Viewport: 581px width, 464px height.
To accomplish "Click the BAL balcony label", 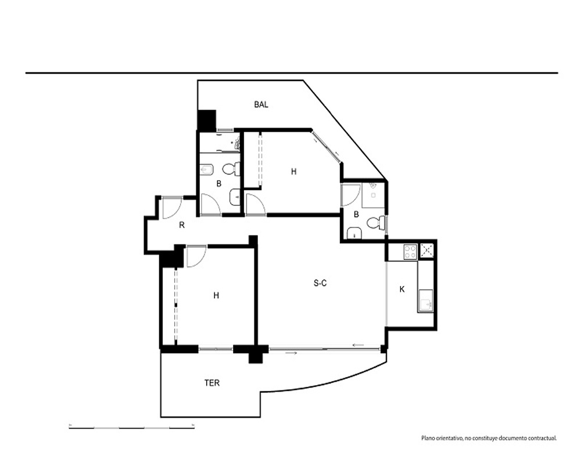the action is tap(261, 105).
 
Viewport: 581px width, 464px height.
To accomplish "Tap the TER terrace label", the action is tap(212, 383).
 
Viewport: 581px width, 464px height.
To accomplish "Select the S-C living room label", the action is tap(320, 284).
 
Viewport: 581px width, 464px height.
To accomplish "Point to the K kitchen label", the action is tap(402, 289).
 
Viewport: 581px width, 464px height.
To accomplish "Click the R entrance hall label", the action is tap(181, 225).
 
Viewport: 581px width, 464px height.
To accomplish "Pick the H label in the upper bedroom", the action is tap(294, 172).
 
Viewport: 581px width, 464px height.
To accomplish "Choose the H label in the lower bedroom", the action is tap(216, 295).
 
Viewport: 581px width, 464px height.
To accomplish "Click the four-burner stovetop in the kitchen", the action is tap(410, 252).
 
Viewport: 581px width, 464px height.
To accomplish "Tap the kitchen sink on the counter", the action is tap(426, 300).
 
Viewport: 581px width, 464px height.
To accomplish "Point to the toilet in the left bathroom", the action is tap(231, 170).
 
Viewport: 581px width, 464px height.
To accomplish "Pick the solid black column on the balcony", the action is tap(207, 120).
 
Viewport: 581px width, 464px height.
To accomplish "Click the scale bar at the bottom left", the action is tap(132, 427).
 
